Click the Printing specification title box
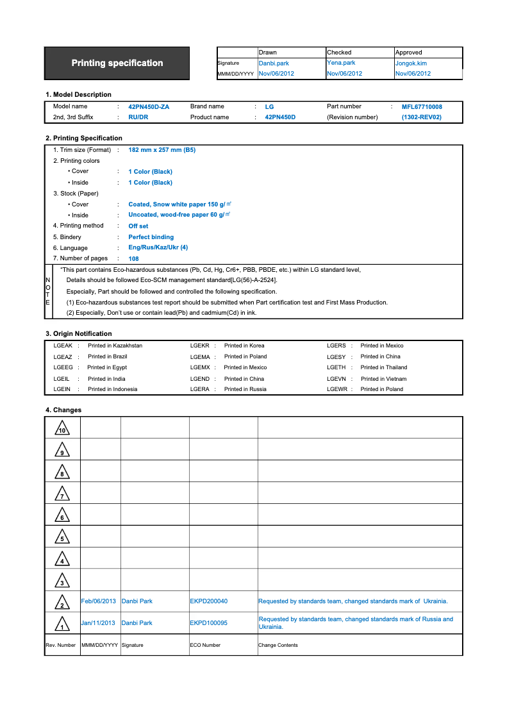(117, 63)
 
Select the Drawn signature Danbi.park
(274, 63)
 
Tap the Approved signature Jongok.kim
(411, 63)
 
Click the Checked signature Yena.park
(341, 63)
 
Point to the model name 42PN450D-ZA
(149, 106)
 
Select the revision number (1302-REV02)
(422, 117)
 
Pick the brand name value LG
(269, 107)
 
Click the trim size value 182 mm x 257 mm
(162, 149)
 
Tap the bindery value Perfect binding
(151, 237)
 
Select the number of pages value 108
(133, 259)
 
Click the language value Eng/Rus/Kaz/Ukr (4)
(158, 247)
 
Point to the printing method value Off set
(138, 226)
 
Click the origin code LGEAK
(63, 346)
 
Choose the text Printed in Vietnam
(383, 379)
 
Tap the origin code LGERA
(200, 389)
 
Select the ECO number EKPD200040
(209, 601)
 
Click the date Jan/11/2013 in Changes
(98, 623)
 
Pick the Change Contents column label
(278, 645)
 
